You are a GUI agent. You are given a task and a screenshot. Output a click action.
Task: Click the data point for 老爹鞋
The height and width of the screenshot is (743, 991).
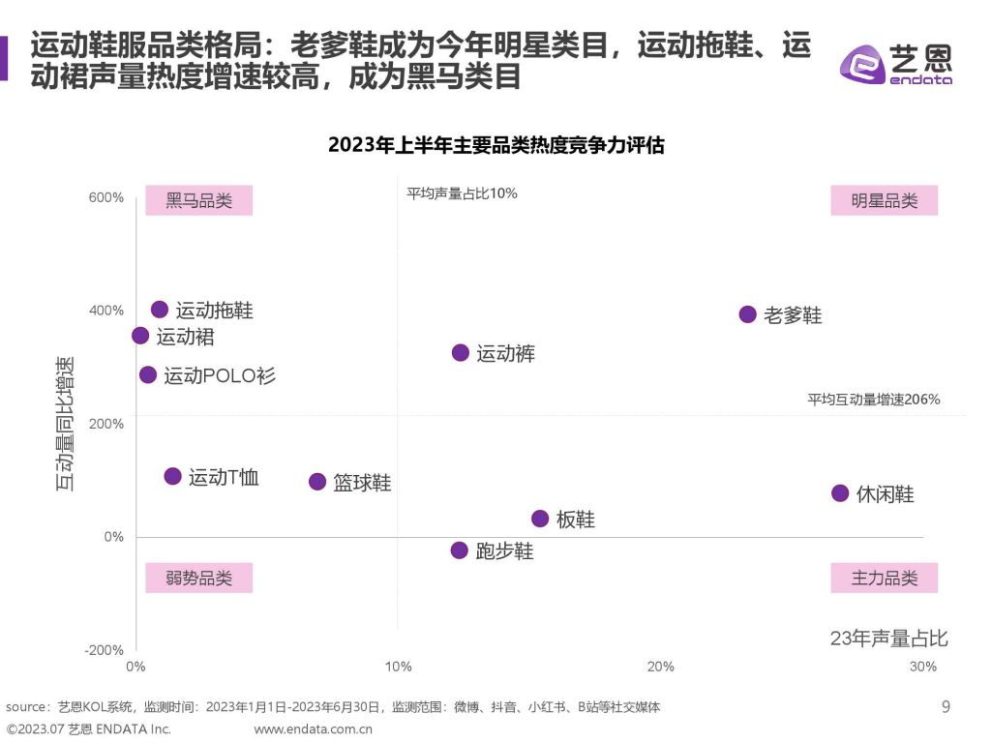747,314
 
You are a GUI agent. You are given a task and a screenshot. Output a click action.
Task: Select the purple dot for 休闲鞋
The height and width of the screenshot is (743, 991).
840,493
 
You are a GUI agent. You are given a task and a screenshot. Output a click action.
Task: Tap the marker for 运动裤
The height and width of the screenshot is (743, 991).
461,353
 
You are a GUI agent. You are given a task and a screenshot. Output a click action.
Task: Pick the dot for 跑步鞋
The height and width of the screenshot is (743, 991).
460,550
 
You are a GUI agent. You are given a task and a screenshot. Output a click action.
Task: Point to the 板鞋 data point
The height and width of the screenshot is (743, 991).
540,519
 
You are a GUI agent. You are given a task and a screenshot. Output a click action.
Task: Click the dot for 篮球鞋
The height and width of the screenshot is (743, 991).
317,482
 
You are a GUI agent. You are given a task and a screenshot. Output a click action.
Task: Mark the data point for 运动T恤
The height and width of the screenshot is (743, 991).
173,476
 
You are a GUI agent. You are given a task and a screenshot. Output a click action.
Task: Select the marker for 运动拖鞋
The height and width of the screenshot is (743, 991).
160,310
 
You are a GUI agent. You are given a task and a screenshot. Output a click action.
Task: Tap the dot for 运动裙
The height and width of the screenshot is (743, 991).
140,336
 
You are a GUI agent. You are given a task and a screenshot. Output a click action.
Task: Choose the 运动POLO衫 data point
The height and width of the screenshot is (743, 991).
148,374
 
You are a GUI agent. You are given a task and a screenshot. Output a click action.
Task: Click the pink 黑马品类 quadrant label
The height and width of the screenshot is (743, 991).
198,201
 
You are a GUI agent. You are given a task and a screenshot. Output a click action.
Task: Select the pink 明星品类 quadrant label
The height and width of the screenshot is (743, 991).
885,201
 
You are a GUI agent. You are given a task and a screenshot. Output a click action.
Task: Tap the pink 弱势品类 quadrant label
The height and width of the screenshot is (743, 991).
198,579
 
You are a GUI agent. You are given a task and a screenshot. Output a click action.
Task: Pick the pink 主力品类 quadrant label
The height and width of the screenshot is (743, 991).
885,579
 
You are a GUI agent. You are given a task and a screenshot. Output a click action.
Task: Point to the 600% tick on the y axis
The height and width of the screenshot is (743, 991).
106,197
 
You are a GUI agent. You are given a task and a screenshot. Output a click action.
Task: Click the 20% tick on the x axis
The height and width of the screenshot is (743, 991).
661,667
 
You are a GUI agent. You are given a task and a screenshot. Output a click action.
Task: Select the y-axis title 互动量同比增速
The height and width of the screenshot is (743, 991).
65,424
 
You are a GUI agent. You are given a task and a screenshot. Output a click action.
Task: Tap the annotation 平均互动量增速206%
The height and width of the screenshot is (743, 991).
874,399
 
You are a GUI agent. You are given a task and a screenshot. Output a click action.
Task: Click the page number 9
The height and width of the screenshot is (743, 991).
946,707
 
